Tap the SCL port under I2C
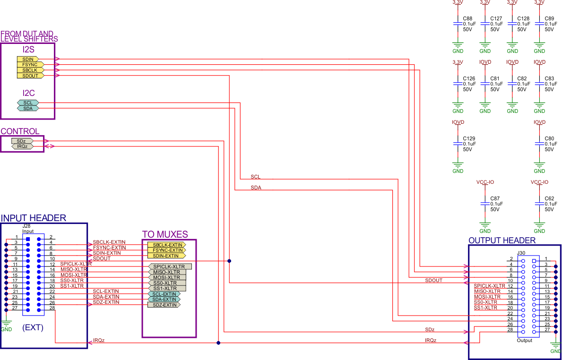click(x=28, y=103)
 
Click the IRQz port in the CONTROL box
click(x=22, y=146)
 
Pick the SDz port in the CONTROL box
click(x=22, y=141)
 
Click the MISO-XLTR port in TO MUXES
click(x=167, y=272)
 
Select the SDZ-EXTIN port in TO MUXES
click(x=164, y=305)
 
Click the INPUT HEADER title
click(x=34, y=218)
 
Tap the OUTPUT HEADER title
click(x=502, y=240)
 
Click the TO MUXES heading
click(x=165, y=234)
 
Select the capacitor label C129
click(x=469, y=138)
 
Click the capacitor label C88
click(x=469, y=18)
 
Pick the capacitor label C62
click(x=549, y=198)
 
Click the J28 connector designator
click(x=26, y=226)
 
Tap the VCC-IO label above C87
click(x=485, y=182)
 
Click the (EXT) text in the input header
click(x=33, y=327)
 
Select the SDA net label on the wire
click(x=256, y=188)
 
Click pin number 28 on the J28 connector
click(x=51, y=308)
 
